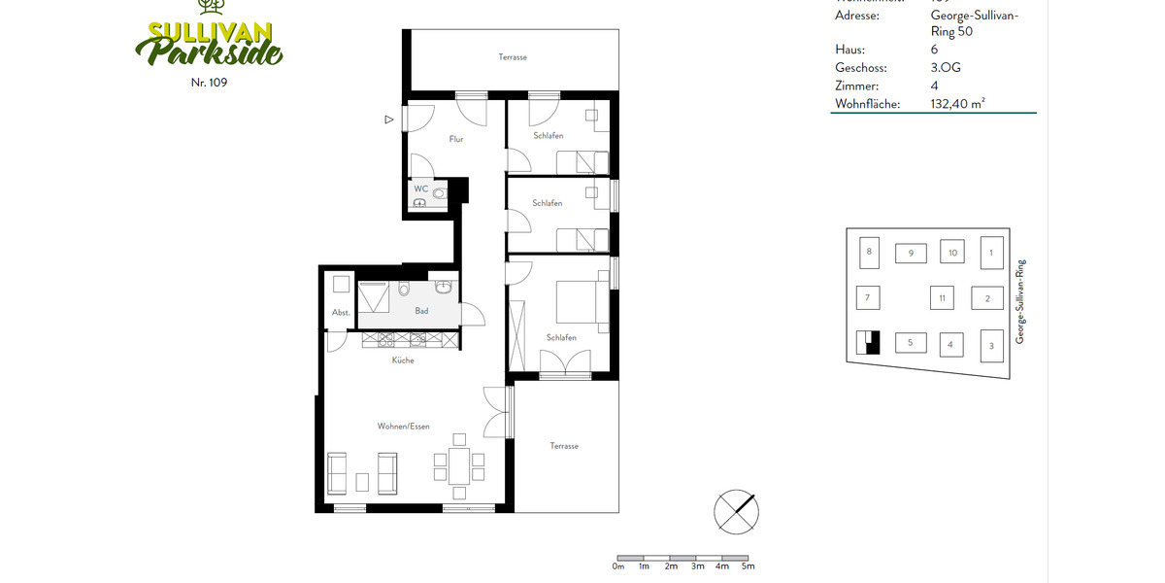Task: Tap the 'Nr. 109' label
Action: coord(209,83)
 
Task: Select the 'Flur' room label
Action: coord(455,139)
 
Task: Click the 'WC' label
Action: coord(420,188)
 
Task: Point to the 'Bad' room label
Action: coord(421,311)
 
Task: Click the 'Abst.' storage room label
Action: coord(341,312)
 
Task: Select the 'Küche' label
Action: coord(403,360)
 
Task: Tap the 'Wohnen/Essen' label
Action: coord(403,427)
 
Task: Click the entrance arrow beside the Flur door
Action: coord(389,120)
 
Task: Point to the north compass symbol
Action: coord(736,511)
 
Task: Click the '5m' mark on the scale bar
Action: coord(747,566)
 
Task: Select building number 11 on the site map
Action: coord(941,297)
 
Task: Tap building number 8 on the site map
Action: coord(869,252)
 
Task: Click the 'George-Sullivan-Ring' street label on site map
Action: coord(1020,301)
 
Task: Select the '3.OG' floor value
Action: coord(946,68)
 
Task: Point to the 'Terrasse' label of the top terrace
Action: coord(513,57)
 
